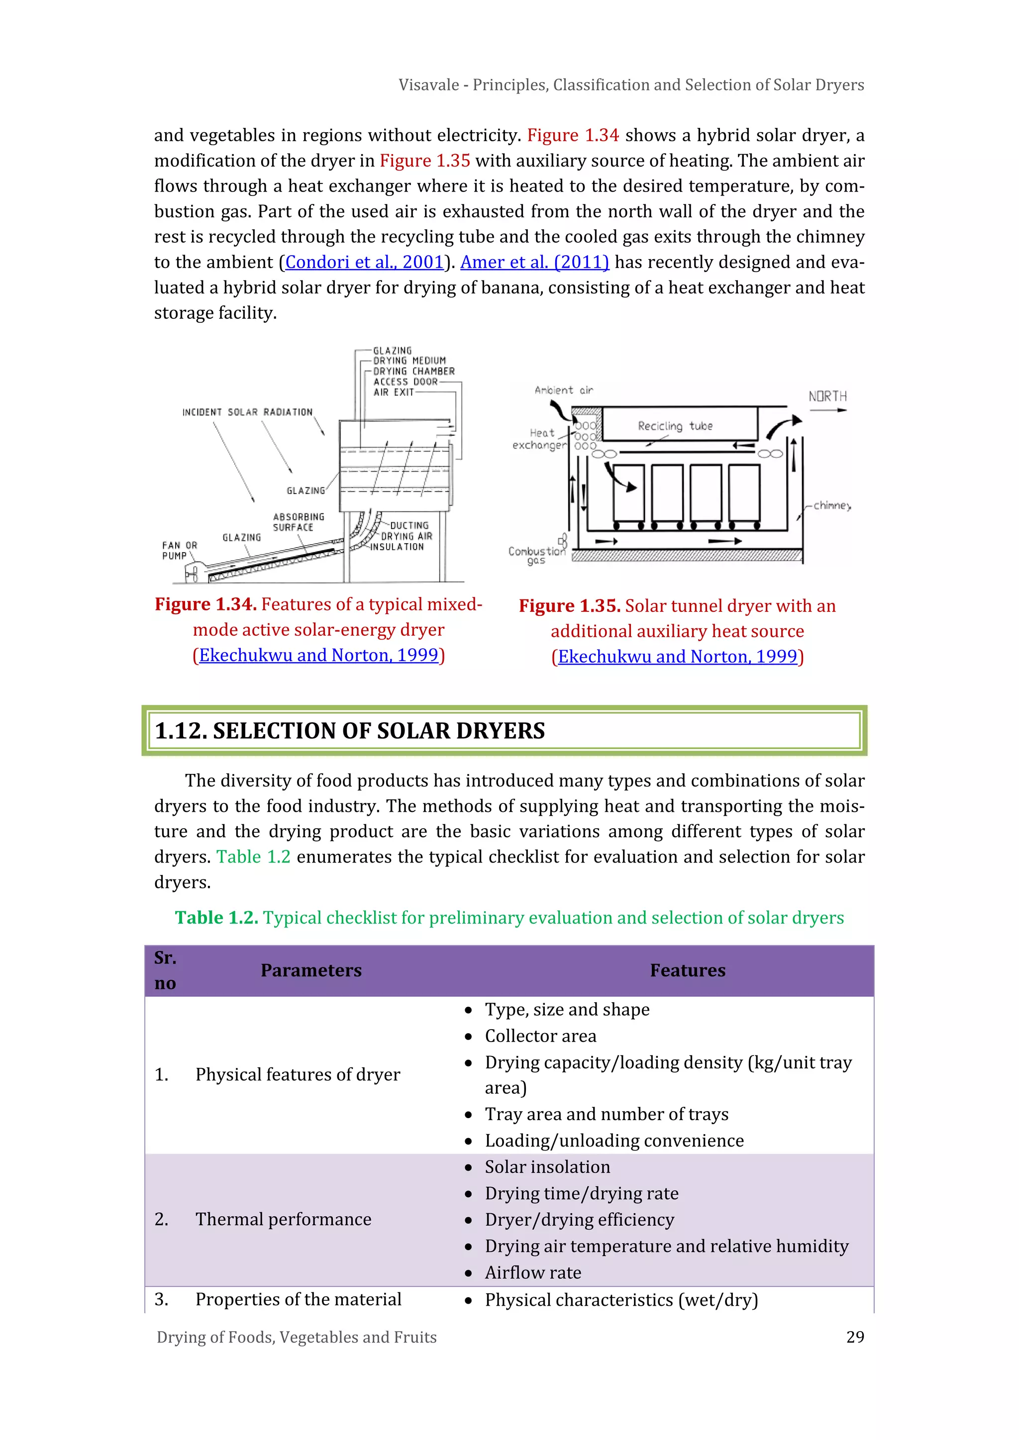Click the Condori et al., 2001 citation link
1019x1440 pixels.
(x=365, y=262)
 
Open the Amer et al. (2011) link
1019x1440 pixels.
(x=534, y=262)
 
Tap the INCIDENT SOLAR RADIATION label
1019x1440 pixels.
(x=247, y=412)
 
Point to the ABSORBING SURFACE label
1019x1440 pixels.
(x=298, y=522)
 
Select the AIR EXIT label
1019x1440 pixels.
(x=394, y=392)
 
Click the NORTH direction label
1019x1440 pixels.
(x=827, y=396)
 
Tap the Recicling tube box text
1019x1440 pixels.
(x=675, y=426)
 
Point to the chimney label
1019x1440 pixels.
(x=832, y=505)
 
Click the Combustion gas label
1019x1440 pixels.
(x=536, y=555)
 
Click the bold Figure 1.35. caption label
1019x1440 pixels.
(x=569, y=606)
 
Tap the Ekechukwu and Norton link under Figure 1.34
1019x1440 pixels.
(x=318, y=656)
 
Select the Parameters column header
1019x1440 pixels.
(x=311, y=970)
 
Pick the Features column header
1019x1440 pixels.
(x=687, y=970)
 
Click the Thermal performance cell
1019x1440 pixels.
(x=283, y=1219)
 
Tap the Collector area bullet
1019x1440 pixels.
(x=540, y=1036)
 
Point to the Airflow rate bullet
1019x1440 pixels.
(x=533, y=1272)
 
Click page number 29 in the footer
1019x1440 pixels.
(x=855, y=1337)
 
